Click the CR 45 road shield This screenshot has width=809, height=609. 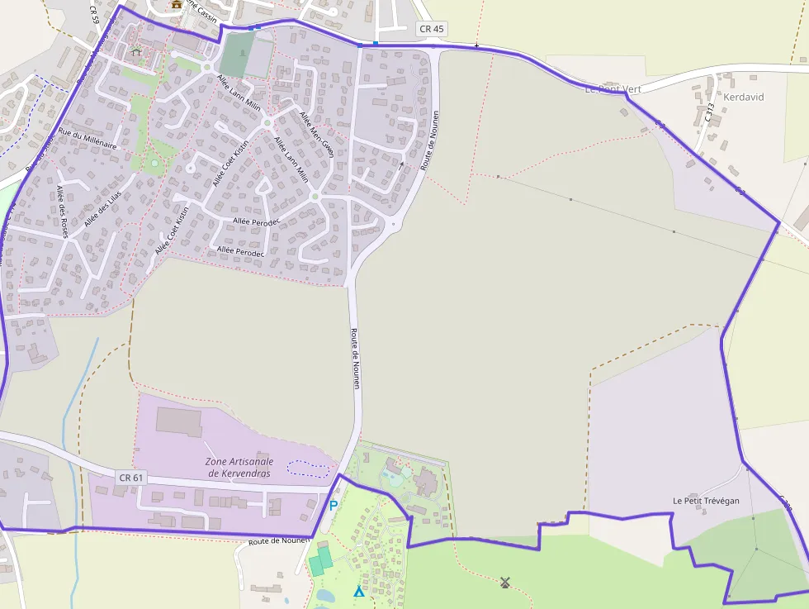click(432, 29)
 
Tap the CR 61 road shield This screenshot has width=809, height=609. click(131, 478)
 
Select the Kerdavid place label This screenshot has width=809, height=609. click(743, 97)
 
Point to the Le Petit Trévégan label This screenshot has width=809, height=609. click(706, 501)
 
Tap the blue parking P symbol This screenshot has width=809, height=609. click(334, 506)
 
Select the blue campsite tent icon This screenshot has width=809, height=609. click(358, 591)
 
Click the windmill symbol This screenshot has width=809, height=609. click(505, 583)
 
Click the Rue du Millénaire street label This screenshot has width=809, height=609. click(88, 138)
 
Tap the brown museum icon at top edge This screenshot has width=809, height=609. click(176, 4)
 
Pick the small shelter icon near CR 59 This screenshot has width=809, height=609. click(136, 51)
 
